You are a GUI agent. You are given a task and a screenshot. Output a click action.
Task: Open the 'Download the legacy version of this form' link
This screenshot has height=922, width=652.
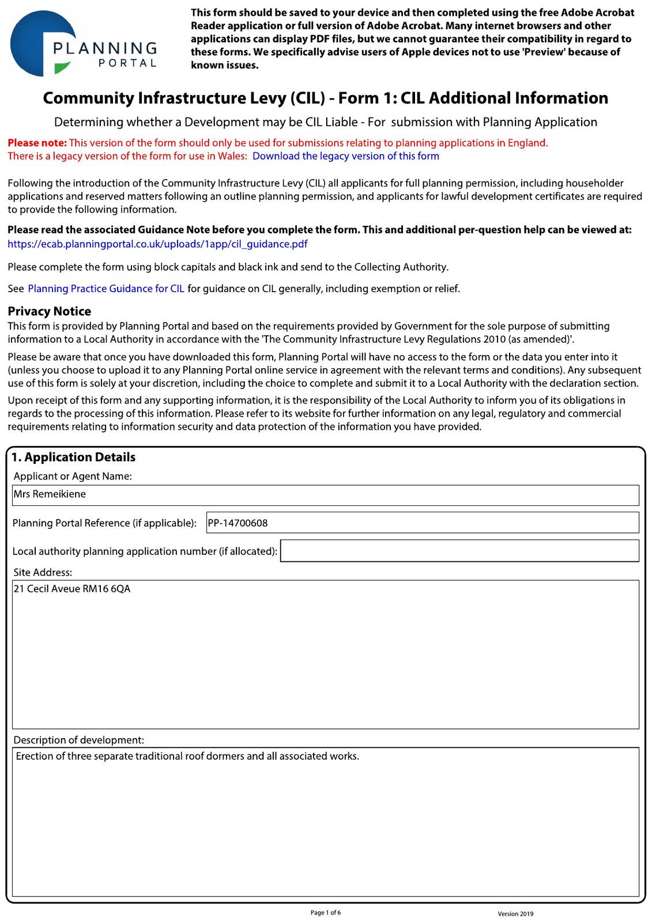tap(345, 156)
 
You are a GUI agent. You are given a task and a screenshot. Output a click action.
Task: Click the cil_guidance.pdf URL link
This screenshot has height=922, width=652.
tap(157, 244)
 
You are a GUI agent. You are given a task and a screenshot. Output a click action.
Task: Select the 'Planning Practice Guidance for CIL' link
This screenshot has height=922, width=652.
tap(106, 289)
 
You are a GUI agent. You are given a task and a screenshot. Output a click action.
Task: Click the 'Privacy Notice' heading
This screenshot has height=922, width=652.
tap(50, 311)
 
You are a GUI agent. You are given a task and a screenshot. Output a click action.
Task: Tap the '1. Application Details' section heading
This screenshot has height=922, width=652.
tap(74, 458)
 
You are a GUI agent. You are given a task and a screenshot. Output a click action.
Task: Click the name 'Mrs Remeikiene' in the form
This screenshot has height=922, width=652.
tap(50, 494)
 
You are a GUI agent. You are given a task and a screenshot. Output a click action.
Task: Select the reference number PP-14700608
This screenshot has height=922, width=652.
tap(238, 523)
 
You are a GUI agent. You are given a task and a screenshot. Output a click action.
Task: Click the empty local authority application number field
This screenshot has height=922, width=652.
tap(459, 551)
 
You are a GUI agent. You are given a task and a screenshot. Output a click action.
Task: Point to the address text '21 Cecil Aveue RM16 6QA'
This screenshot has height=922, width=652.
tap(72, 589)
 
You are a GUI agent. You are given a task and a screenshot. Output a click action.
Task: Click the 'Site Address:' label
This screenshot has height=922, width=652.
tap(43, 573)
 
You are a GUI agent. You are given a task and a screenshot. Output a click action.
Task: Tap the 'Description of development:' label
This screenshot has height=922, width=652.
tap(79, 740)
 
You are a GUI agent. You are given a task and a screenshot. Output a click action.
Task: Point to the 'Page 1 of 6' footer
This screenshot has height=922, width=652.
tap(326, 913)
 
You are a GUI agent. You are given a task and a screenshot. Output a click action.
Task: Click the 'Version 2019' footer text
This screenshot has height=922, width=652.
tap(515, 914)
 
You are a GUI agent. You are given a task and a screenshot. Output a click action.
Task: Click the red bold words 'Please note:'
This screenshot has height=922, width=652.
tap(37, 143)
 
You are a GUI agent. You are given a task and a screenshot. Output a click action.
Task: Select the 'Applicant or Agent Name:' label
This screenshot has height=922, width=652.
tap(73, 477)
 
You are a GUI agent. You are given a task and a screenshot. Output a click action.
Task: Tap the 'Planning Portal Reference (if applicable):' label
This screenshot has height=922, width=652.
tap(104, 523)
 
